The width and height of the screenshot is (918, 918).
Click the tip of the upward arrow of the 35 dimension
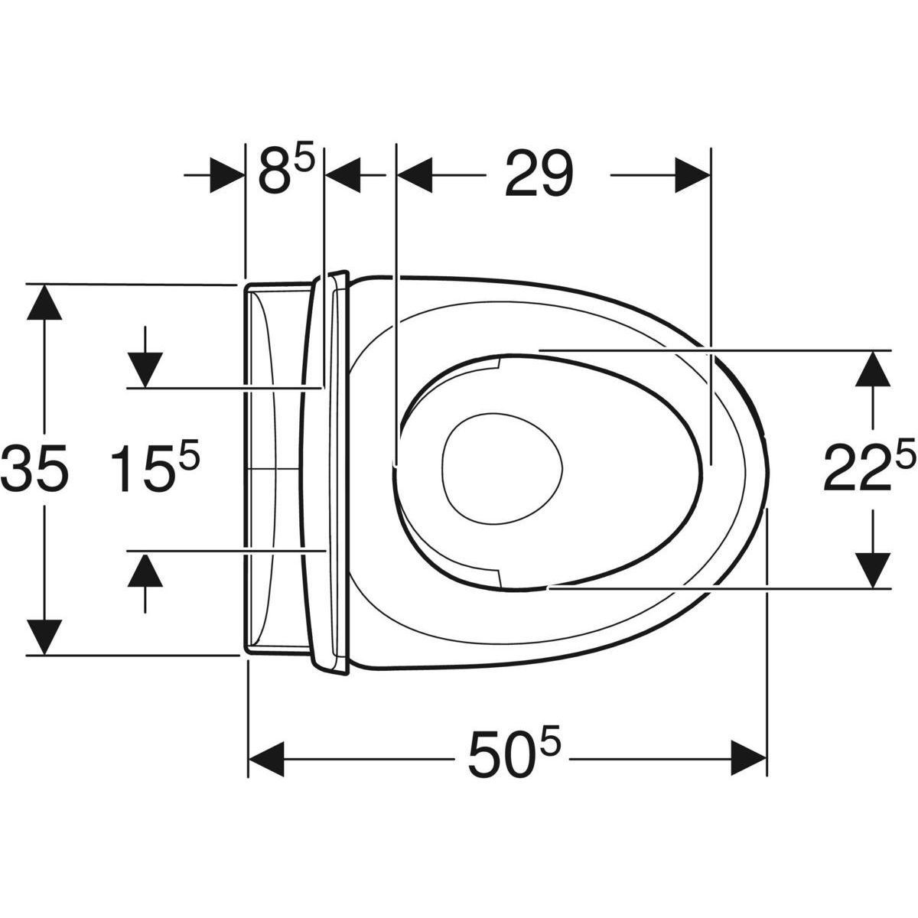[x=44, y=285]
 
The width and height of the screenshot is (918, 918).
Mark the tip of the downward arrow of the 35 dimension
[x=44, y=656]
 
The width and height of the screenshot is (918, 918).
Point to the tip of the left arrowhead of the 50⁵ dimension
[x=249, y=758]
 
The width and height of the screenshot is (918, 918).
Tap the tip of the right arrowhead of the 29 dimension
[x=710, y=175]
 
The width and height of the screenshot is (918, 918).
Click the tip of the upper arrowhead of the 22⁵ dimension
[x=873, y=350]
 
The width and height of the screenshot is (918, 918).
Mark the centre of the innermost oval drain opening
[x=502, y=468]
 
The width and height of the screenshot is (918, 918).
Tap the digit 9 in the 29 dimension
[x=555, y=173]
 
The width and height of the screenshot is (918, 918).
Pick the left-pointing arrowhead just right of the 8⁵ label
[x=342, y=175]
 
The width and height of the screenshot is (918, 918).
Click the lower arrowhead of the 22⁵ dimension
[x=873, y=571]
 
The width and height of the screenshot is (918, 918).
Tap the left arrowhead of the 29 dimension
[x=414, y=175]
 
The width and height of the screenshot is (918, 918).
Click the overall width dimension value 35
[x=34, y=468]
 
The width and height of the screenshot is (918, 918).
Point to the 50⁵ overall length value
[x=511, y=756]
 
